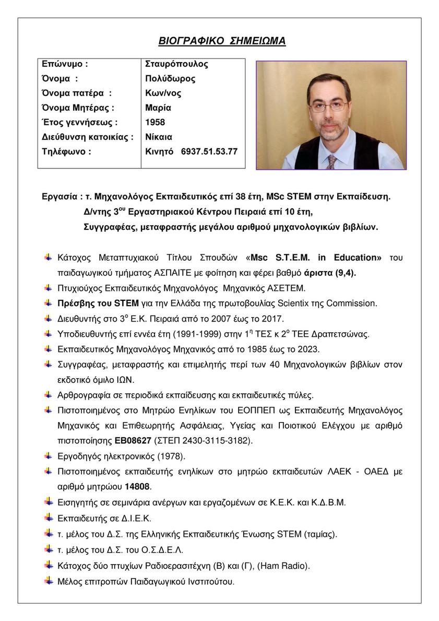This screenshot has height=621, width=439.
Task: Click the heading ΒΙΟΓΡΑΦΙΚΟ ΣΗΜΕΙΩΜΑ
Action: tap(222, 41)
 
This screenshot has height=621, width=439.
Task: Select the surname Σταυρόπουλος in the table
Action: tap(176, 64)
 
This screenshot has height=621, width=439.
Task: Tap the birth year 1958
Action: tap(155, 122)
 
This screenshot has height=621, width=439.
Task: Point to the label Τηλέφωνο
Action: tap(66, 151)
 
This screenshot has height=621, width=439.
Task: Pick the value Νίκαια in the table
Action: tap(159, 137)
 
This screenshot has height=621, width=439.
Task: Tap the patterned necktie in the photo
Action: tap(331, 161)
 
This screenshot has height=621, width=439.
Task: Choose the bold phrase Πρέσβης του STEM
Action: tap(98, 303)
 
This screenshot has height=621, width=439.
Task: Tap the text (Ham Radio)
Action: tap(282, 565)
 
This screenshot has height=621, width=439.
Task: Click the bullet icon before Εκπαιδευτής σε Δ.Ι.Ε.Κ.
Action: tap(48, 517)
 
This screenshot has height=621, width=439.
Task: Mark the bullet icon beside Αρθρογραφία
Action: tap(48, 394)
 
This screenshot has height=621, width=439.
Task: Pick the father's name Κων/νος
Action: tap(163, 93)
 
